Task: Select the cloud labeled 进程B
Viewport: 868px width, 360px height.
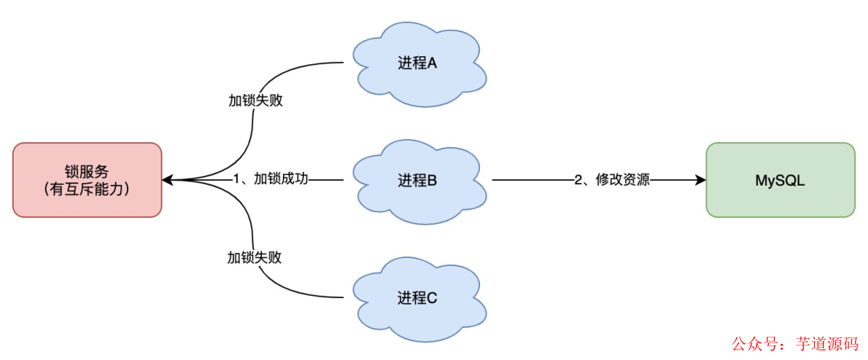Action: (x=418, y=182)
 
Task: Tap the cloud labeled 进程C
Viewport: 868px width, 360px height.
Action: (x=418, y=297)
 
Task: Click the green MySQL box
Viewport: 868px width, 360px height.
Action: (x=780, y=180)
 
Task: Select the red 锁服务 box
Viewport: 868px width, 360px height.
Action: (x=87, y=180)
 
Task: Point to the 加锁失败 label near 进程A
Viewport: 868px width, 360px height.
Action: (x=255, y=102)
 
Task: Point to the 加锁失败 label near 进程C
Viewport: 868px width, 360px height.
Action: (x=255, y=258)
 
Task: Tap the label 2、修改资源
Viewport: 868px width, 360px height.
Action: (x=612, y=180)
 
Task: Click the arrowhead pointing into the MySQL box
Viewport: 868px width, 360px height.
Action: (x=700, y=180)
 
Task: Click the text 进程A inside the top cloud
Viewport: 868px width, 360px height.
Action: (x=417, y=64)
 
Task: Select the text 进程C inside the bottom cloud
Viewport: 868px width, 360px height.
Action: (x=417, y=298)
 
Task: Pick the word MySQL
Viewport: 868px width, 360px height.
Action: (x=780, y=180)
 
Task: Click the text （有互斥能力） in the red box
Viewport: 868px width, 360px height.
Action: (x=87, y=190)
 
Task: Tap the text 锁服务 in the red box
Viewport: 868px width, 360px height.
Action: (x=87, y=170)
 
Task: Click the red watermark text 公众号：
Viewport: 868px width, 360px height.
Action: (x=759, y=343)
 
